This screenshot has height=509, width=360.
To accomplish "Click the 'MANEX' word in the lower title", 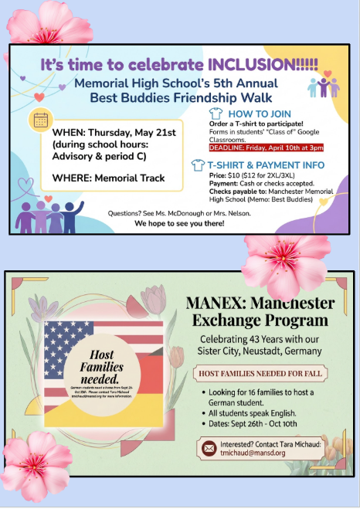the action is click(x=214, y=302).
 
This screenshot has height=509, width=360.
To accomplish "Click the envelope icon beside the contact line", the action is click(x=209, y=449).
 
